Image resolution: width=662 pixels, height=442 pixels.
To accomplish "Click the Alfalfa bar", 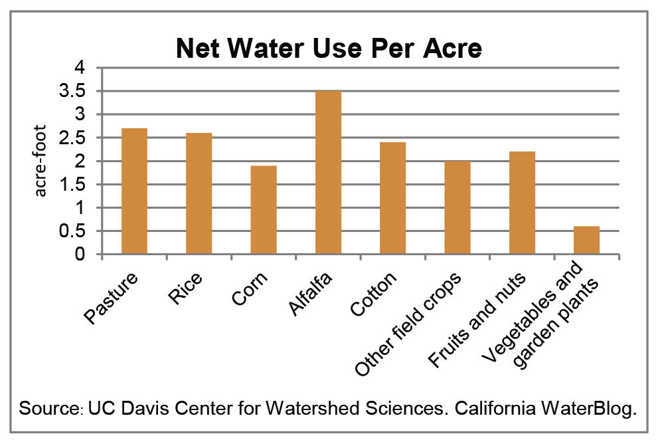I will pos(328,173).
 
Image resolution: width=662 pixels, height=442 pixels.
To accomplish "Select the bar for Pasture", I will pos(135,191).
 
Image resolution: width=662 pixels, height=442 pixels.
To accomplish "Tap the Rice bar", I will pos(199,193).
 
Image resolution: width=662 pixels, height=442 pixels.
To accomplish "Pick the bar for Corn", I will pos(264,210).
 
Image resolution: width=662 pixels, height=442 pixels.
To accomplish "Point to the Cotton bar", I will pos(392,198).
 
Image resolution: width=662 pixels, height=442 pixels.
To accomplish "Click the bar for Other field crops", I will pos(457,207).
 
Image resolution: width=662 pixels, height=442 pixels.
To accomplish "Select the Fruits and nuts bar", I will pos(522,203).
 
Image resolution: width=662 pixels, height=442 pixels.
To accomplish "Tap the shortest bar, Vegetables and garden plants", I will pos(586,240).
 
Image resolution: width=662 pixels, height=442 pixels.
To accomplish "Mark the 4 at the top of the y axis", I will pos(80,68).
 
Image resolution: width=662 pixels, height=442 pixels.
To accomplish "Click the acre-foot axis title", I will pos(41,161).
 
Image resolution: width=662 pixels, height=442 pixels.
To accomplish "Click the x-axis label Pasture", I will pos(113,297).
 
